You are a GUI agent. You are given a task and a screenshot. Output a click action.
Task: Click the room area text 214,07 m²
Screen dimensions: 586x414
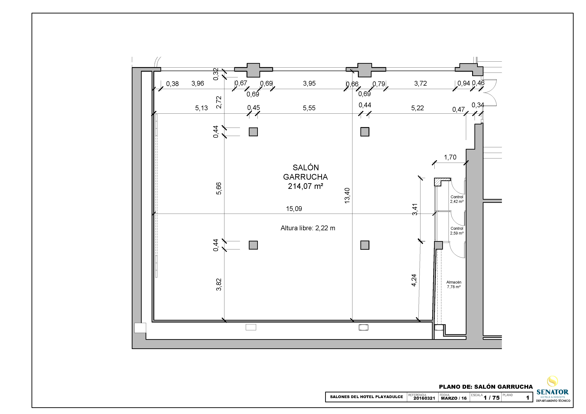pos(305,186)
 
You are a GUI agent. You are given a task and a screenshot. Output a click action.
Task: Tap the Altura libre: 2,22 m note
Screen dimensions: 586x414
pos(308,228)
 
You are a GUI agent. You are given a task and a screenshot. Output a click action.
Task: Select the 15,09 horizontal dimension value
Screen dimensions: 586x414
pos(294,209)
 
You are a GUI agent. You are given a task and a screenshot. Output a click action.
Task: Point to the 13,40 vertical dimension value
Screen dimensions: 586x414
pos(347,196)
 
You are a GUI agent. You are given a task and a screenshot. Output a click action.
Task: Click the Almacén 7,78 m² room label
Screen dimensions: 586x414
pos(454,284)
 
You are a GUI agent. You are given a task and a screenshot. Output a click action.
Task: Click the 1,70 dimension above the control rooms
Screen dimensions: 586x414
pos(450,157)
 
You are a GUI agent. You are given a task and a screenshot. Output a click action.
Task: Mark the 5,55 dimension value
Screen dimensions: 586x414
pos(309,108)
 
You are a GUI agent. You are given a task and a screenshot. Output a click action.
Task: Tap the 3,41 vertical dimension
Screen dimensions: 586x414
pos(415,209)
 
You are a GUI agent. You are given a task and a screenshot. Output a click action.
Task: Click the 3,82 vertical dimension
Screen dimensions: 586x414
pos(219,284)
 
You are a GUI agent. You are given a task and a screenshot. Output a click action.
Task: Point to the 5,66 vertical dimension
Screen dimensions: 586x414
pos(219,189)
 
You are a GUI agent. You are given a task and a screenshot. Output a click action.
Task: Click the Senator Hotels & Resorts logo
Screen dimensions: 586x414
pos(552,389)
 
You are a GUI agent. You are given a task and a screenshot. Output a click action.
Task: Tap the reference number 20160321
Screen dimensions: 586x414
pos(424,398)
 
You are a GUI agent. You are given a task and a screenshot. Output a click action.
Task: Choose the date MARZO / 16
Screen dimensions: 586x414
pos(454,398)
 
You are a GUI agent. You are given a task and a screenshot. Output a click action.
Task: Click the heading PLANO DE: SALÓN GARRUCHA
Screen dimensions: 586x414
pos(486,387)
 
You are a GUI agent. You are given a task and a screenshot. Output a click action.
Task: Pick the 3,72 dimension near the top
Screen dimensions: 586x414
pos(420,83)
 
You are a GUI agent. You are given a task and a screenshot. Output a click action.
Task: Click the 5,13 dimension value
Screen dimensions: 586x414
pos(201,108)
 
